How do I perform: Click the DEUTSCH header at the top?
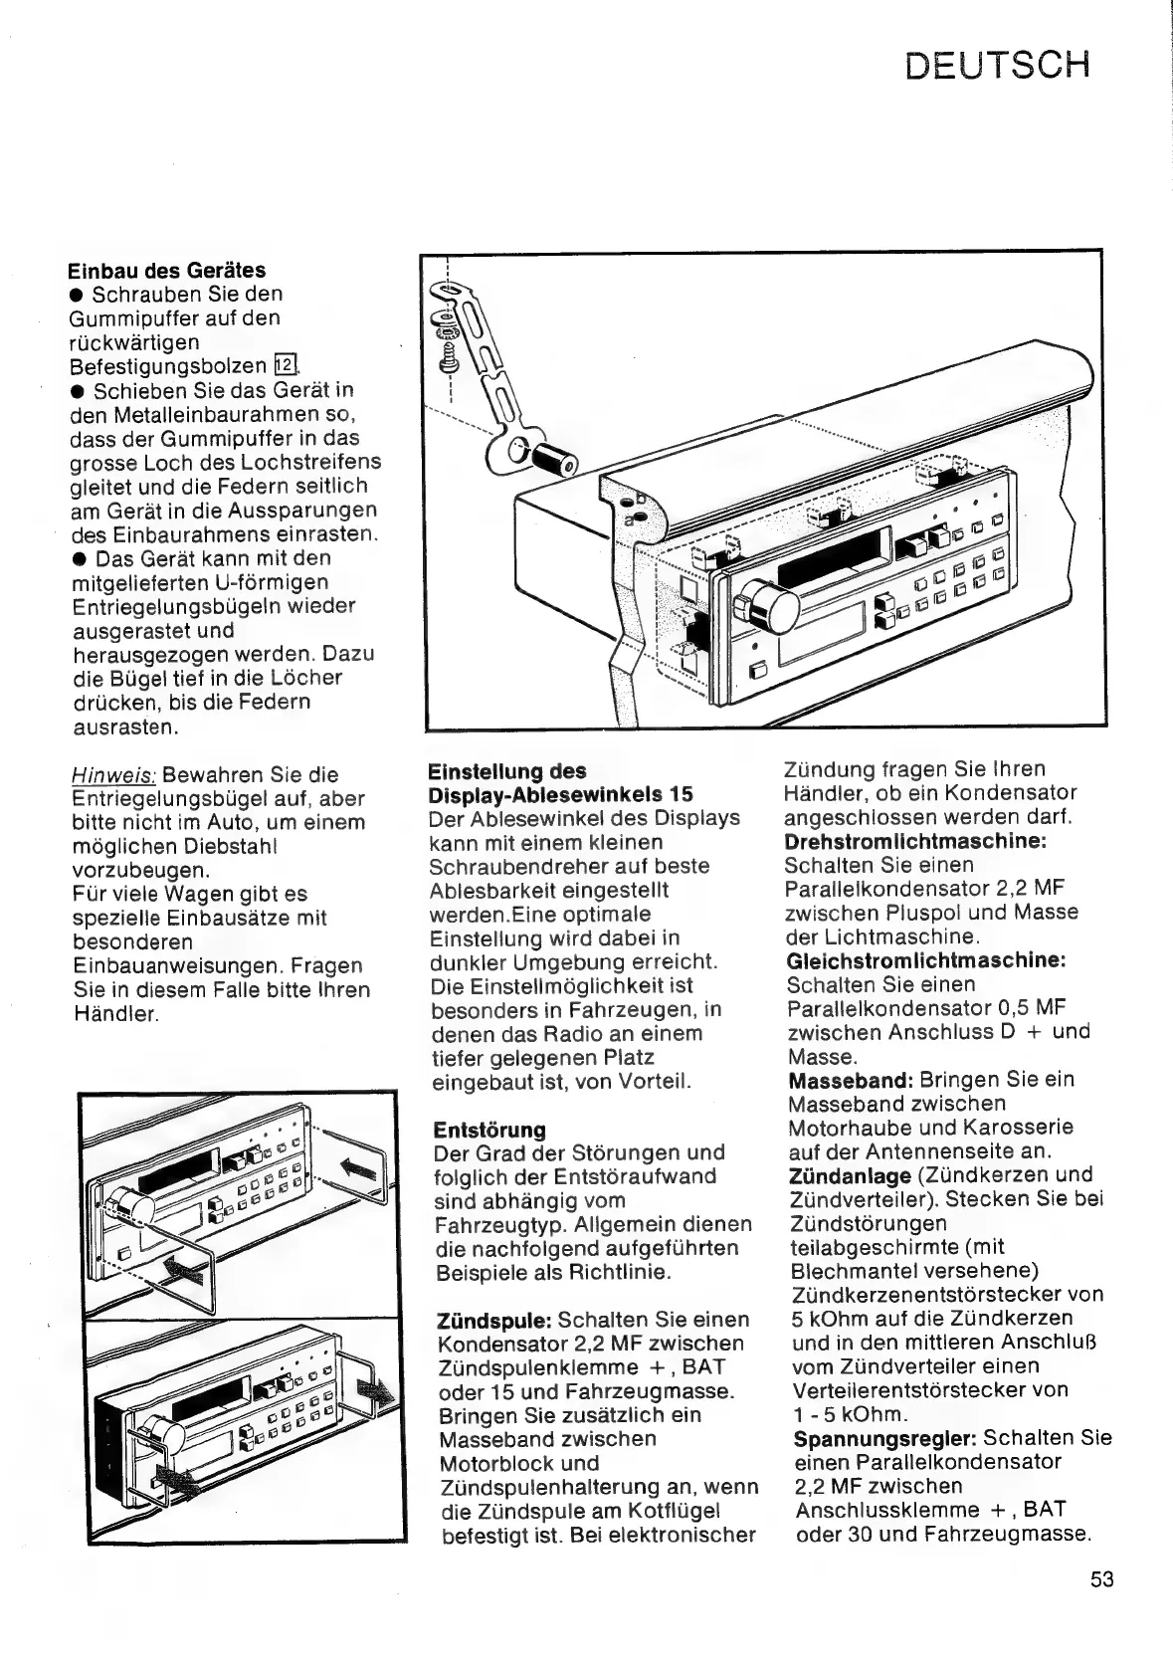pyautogui.click(x=998, y=65)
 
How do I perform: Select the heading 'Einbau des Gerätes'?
pyautogui.click(x=166, y=271)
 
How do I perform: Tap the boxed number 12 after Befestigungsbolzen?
pyautogui.click(x=286, y=365)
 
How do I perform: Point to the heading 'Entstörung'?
pyautogui.click(x=489, y=1130)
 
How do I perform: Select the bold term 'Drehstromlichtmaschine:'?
pyautogui.click(x=915, y=841)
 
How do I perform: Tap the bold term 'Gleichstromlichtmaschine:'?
pyautogui.click(x=926, y=960)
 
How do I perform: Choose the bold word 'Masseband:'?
pyautogui.click(x=851, y=1080)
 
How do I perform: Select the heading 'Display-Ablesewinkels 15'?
pyautogui.click(x=560, y=794)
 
